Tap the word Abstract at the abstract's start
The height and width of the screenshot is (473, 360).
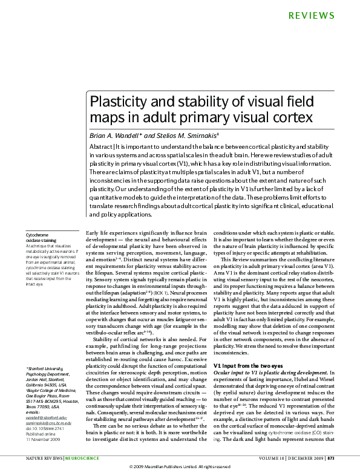click(x=101, y=147)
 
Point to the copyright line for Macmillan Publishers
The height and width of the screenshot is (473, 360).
click(x=180, y=468)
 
